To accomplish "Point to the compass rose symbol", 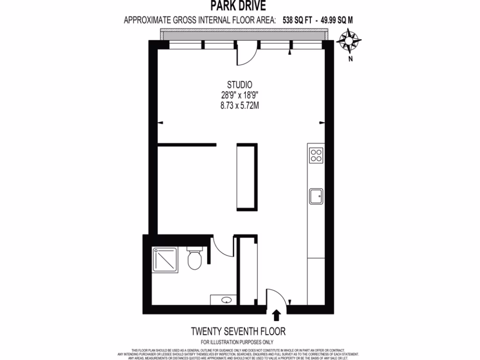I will click(349, 40).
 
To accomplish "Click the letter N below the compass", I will click(350, 59).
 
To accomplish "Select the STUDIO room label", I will click(240, 85).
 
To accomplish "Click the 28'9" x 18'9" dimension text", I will click(240, 96).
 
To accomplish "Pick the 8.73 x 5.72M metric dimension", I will click(240, 106).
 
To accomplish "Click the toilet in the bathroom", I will click(194, 259).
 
